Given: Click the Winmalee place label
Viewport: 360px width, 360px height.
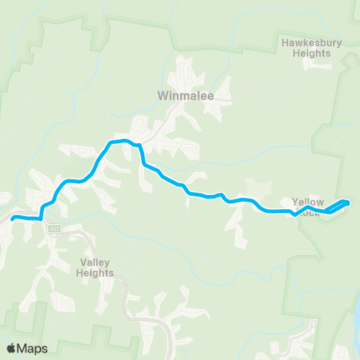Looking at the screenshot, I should tap(181, 95).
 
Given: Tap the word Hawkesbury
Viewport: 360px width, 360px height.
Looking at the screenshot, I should tap(311, 43).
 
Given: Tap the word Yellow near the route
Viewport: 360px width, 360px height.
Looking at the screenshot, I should tap(307, 202).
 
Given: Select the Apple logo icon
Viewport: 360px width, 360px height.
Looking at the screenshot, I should tap(12, 348).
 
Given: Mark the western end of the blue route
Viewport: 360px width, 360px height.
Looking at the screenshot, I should tap(13, 217).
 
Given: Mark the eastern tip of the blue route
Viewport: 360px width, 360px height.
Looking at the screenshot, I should tap(349, 201).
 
